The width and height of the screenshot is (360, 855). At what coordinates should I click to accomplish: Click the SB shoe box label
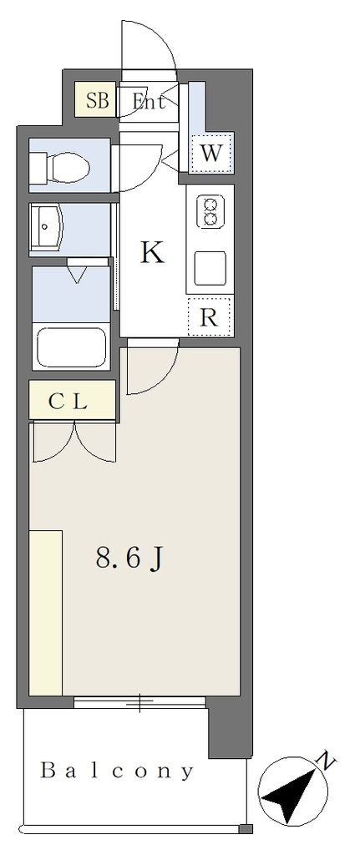pos(99,101)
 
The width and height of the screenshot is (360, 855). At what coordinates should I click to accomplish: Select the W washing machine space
pos(211,153)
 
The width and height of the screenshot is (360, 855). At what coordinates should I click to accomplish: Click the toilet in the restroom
pos(61,164)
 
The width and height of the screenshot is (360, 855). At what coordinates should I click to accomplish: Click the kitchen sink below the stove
pos(210,268)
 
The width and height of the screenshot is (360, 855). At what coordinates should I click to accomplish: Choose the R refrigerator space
pos(210,316)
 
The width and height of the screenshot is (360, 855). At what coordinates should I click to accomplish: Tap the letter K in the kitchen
pos(152,252)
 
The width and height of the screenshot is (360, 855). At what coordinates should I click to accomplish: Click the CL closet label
pos(68,402)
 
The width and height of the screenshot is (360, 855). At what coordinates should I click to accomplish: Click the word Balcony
pos(118,771)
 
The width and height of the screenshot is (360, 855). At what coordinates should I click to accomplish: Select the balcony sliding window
pos(139,703)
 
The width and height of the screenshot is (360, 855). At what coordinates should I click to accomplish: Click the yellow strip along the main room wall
pos(46,612)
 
